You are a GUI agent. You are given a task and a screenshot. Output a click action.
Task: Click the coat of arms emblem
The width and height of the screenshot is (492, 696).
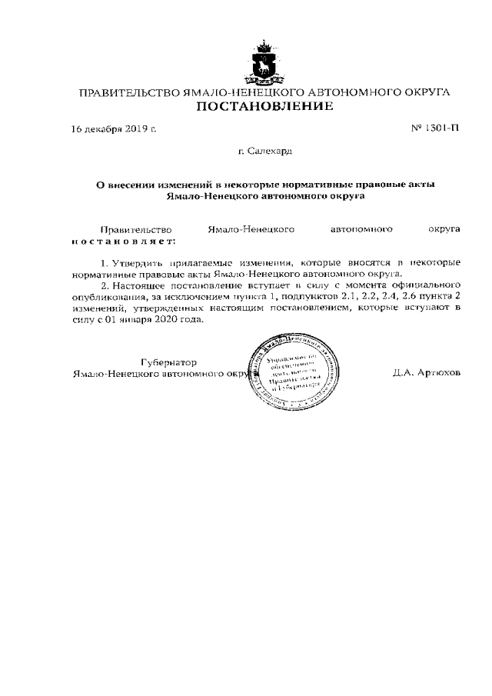[x=264, y=62]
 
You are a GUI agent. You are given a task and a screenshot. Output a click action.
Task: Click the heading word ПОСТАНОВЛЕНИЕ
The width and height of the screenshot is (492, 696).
[x=264, y=106]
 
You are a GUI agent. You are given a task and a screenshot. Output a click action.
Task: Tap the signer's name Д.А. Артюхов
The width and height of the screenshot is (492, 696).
[x=426, y=372]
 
